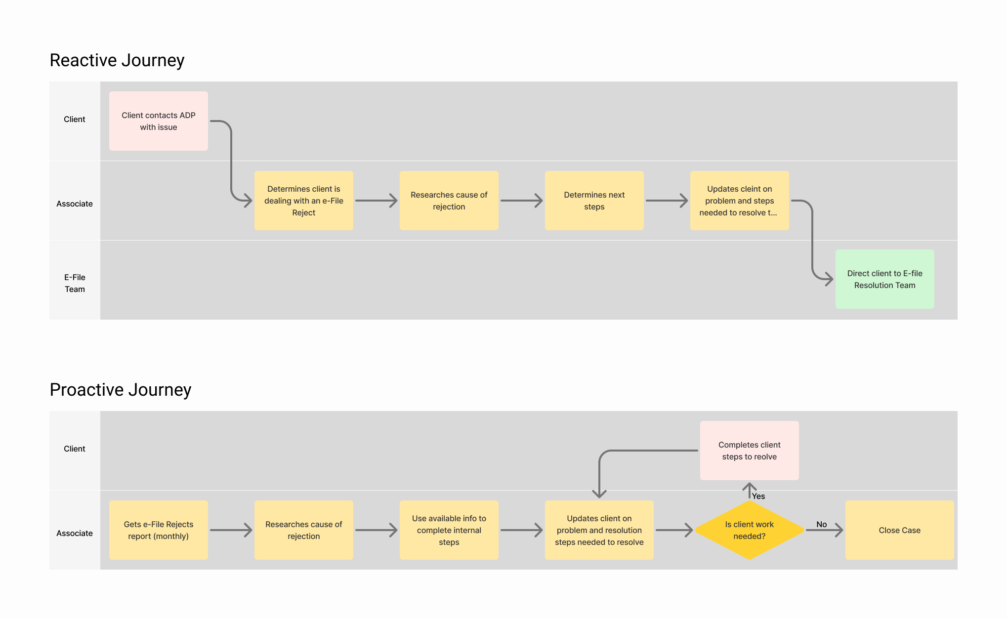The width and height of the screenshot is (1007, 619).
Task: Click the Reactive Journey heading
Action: coord(117,60)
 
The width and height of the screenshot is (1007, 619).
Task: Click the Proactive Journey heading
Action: coord(121,390)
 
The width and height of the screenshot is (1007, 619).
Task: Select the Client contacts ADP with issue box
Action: coord(158,121)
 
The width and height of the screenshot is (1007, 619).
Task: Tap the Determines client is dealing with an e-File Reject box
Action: coord(303,201)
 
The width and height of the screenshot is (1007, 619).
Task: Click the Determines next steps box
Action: coord(594,201)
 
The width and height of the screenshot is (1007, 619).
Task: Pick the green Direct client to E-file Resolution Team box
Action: coord(884,279)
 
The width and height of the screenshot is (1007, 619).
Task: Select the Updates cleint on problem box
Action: coord(739,201)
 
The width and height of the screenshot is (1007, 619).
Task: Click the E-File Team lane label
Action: coord(75,283)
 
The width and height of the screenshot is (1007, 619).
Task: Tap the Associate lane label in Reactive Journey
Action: coord(75,204)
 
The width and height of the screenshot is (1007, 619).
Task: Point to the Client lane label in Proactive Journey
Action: coord(75,449)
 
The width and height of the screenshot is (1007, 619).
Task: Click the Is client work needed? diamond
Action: coord(749,530)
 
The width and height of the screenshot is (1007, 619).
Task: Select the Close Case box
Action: coord(899,530)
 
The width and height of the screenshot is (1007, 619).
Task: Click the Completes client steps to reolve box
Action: coord(749,451)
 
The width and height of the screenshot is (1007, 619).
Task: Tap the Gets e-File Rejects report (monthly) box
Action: coord(158,530)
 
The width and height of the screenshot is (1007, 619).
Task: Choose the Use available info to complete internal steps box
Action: coord(449,530)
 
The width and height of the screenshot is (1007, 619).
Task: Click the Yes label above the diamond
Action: coord(758,496)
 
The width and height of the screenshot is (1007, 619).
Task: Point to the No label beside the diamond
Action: coord(821,524)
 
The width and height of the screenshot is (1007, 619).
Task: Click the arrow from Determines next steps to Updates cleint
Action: coord(667,201)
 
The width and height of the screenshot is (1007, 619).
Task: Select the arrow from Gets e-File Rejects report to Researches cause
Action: coord(231,530)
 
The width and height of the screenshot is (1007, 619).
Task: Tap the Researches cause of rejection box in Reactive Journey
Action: coord(449,201)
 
